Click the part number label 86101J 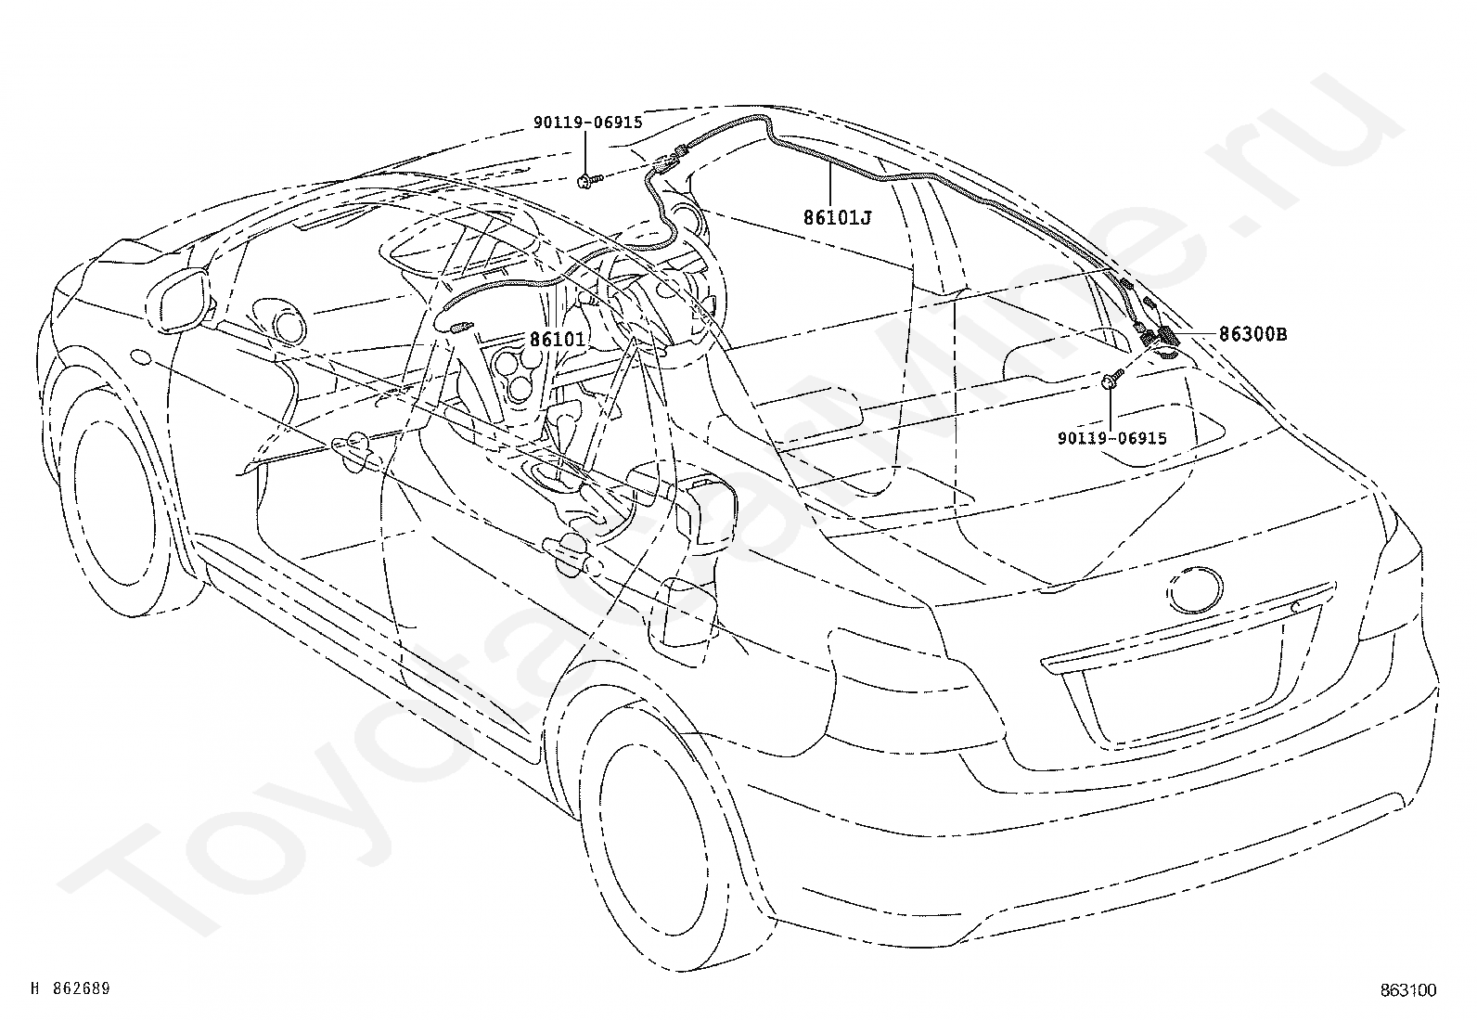(x=837, y=217)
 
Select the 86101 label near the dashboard (x=558, y=339)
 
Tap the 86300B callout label (x=1252, y=334)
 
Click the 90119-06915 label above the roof (x=587, y=123)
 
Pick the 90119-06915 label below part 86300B (x=1111, y=438)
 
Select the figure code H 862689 (x=71, y=988)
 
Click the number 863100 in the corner (x=1408, y=990)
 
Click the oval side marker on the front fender (x=140, y=356)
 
